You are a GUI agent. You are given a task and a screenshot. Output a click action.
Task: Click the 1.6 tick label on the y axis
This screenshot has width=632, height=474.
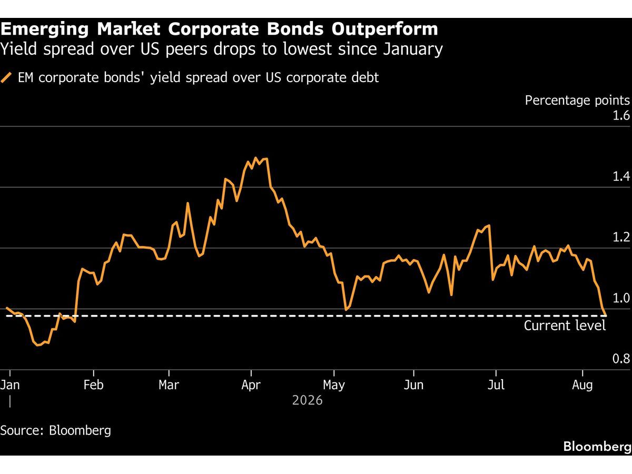coord(621,115)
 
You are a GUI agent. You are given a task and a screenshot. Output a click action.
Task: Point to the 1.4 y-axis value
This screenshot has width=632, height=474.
coord(621,176)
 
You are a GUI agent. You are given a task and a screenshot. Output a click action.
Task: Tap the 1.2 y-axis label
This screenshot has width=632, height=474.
coord(621,237)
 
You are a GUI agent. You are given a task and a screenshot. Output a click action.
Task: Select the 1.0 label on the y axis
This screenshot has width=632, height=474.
coord(621,298)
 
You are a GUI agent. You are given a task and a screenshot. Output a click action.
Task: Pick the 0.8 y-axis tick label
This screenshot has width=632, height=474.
coord(621,359)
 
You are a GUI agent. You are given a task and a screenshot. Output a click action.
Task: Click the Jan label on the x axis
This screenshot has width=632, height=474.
coord(10,385)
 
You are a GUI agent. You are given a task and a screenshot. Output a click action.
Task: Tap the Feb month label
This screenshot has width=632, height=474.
coord(93,385)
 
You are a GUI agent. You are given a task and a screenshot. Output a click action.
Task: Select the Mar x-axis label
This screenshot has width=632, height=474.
coord(169,385)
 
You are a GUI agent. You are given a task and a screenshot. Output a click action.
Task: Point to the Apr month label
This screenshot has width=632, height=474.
coord(251,385)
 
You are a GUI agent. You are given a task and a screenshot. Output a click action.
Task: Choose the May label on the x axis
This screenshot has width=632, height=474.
coord(334,385)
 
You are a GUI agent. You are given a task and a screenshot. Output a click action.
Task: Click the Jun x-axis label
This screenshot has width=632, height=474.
coord(413,385)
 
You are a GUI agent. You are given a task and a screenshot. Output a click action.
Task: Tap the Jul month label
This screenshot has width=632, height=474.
coord(496,385)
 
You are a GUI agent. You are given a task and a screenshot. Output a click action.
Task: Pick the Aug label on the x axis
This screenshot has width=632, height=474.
coord(582,385)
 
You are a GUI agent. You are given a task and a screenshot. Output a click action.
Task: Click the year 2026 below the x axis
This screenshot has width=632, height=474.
coord(307,400)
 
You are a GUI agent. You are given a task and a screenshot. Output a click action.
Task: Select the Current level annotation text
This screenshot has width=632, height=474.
coord(565,325)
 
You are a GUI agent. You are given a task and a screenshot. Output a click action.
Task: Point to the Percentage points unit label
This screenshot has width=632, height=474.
coord(577,101)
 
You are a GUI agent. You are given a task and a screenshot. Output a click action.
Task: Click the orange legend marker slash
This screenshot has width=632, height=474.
coord(6,78)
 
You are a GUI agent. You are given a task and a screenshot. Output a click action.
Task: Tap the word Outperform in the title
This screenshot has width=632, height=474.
coord(384,29)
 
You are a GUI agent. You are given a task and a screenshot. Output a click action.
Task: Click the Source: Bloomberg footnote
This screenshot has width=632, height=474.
coord(56,430)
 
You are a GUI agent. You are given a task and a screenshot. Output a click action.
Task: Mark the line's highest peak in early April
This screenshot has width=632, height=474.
coord(255,157)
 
